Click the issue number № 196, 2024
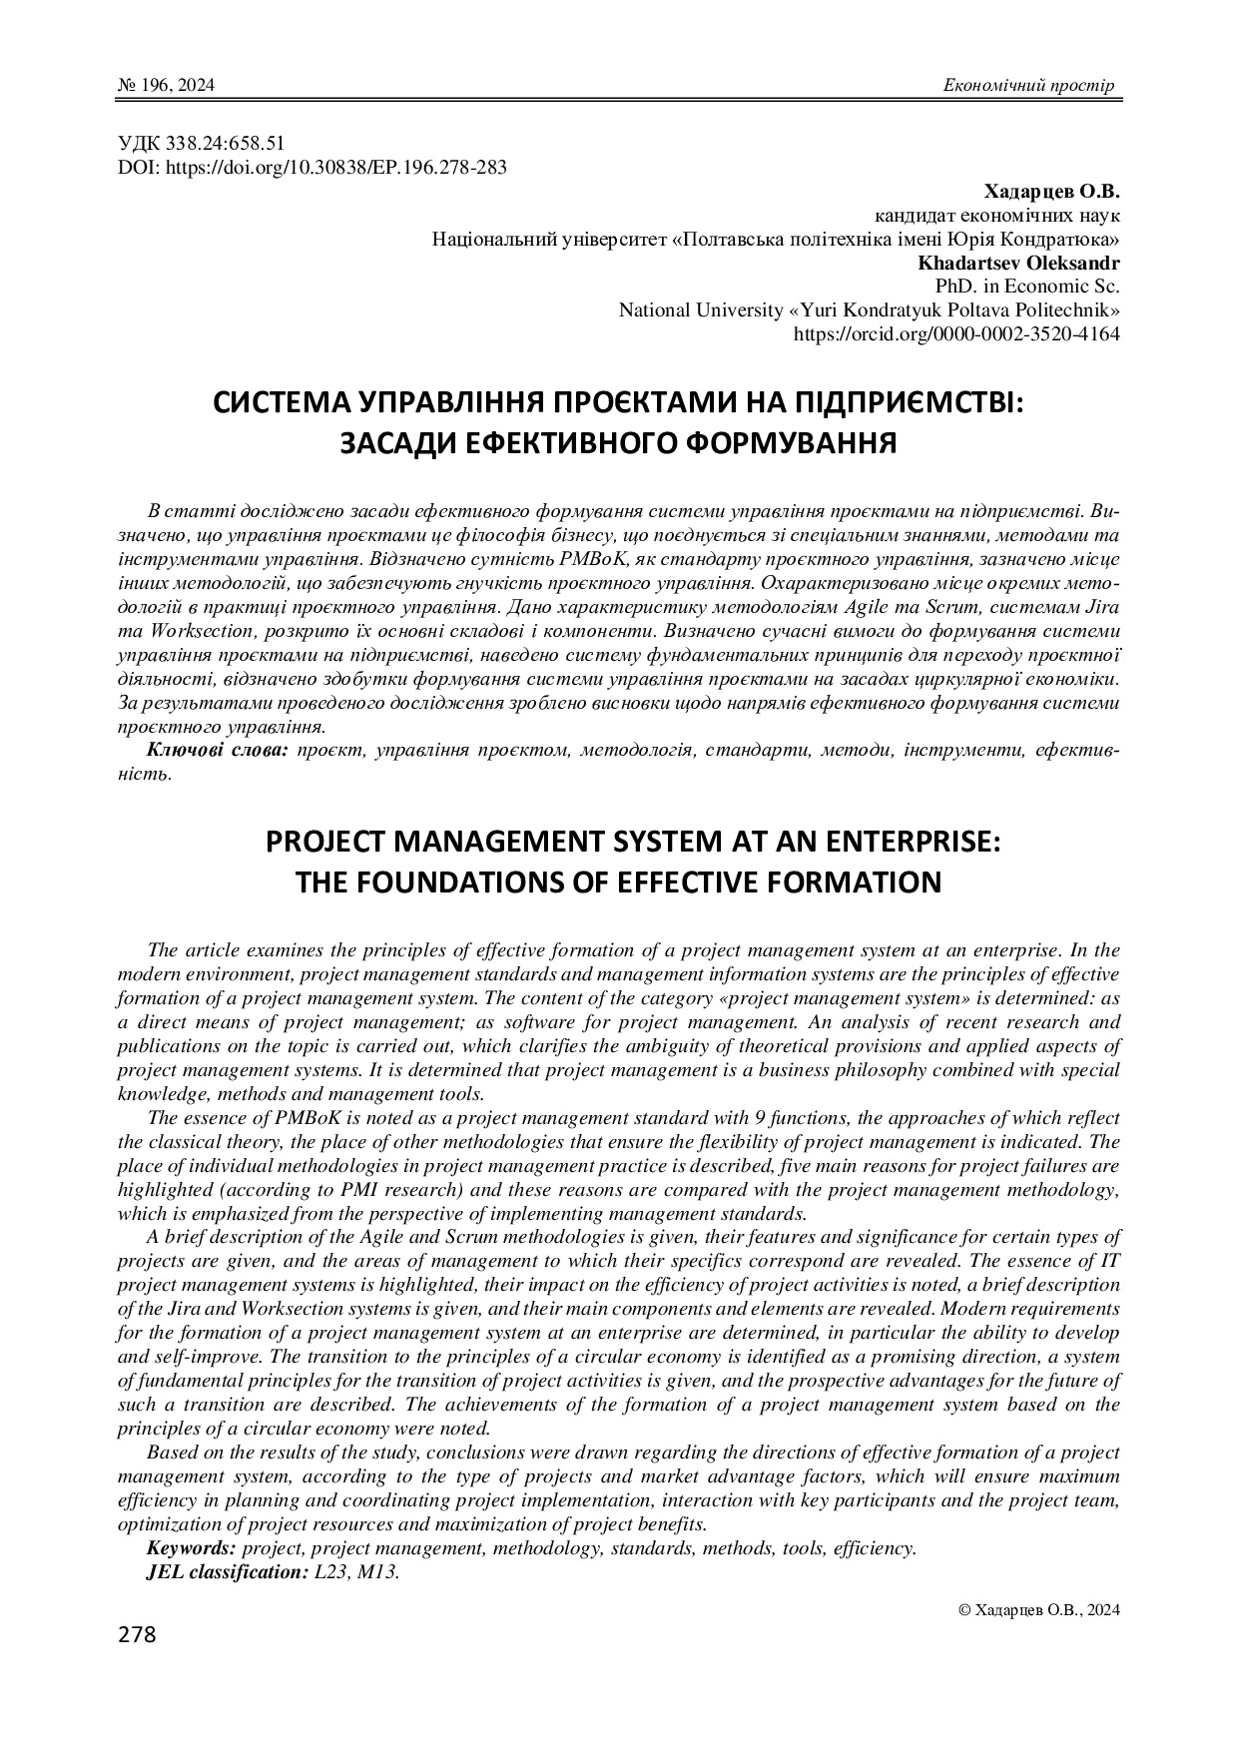pos(166,86)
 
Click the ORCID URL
pos(955,334)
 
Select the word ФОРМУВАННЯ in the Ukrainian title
pos(796,442)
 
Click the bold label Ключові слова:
pos(218,751)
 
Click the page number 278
pos(137,1635)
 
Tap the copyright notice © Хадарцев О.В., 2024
pos(1038,1609)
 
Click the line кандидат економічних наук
pos(996,216)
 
